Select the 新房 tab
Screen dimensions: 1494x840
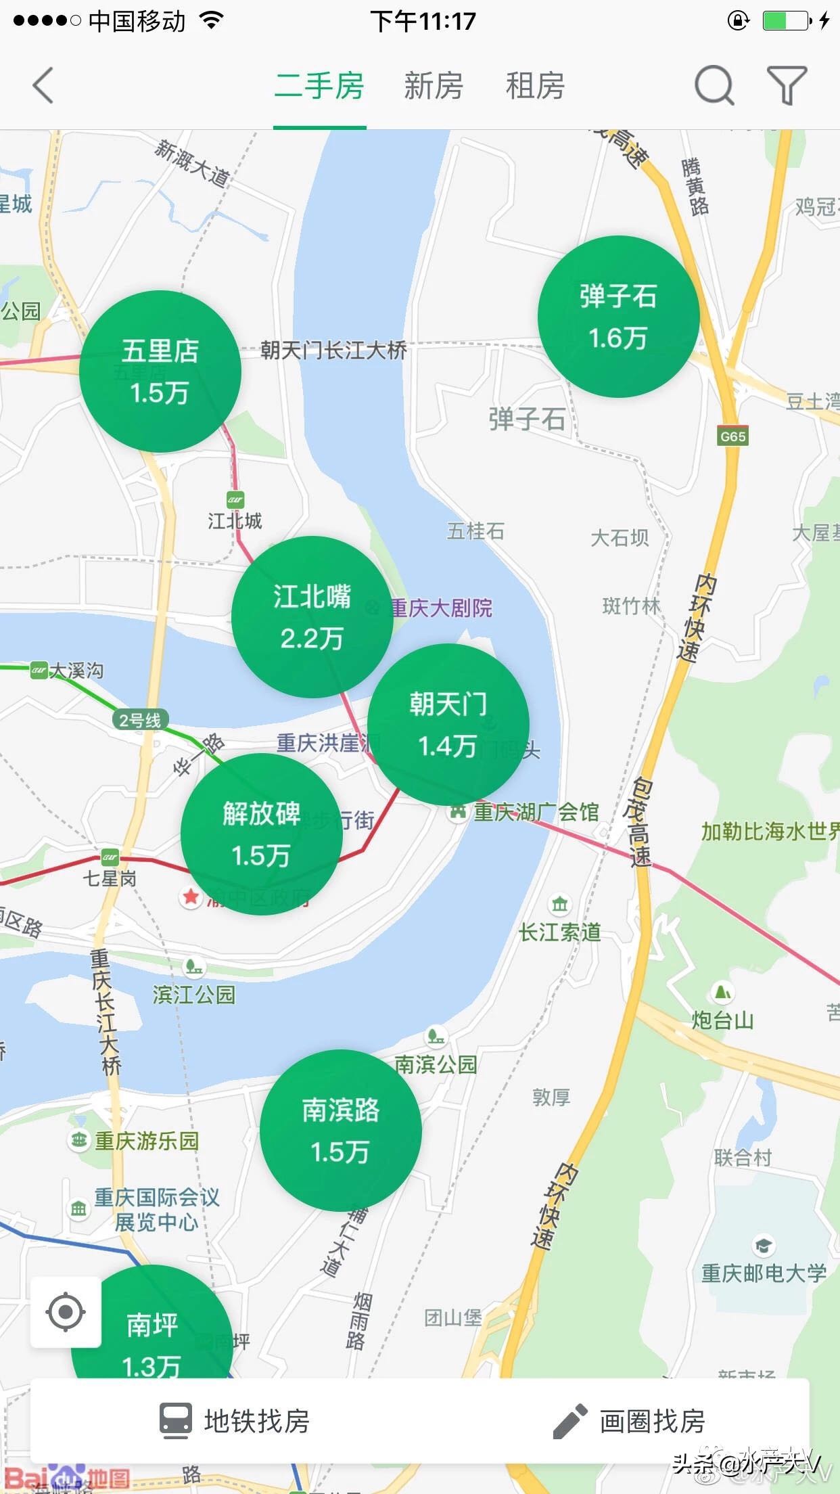(x=434, y=86)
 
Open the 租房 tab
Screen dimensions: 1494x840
(x=535, y=86)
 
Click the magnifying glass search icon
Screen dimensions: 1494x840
(x=714, y=86)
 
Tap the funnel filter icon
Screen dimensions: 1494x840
(x=787, y=86)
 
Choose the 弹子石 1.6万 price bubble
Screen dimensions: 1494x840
(x=618, y=317)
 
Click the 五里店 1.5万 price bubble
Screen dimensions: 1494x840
(x=160, y=371)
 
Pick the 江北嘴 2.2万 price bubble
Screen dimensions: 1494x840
(x=312, y=616)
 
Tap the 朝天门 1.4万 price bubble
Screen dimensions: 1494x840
(x=448, y=725)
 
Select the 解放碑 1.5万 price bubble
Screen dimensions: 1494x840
(x=261, y=834)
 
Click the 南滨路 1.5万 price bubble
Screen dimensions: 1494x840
(x=340, y=1131)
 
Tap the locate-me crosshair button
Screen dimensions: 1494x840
(x=66, y=1312)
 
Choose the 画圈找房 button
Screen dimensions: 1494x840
(x=629, y=1421)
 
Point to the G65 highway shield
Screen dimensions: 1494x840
(x=733, y=436)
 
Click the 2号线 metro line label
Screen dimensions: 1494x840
(x=140, y=720)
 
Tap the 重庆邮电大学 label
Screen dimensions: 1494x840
(x=764, y=1273)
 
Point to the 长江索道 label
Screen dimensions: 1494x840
(x=560, y=932)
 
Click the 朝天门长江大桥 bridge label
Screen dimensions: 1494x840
(x=334, y=350)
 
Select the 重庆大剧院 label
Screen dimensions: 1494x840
(x=441, y=608)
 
